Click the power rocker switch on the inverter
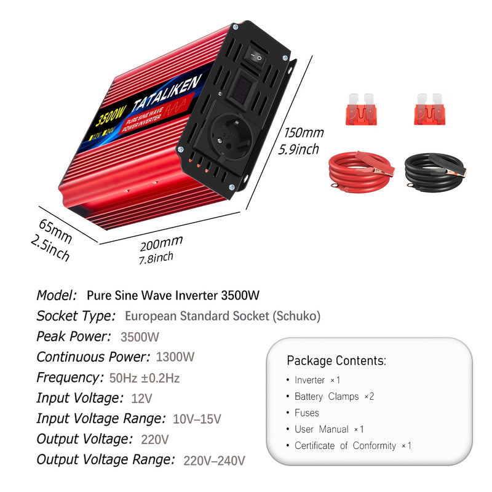click(255, 57)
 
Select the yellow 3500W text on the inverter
click(110, 116)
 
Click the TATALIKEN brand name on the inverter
click(166, 93)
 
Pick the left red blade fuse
click(361, 109)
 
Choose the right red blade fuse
click(429, 109)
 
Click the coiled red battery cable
click(362, 172)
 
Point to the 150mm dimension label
click(304, 133)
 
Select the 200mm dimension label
click(161, 243)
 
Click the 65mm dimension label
click(55, 231)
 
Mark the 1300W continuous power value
click(175, 357)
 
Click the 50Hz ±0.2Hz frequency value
click(145, 378)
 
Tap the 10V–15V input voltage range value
click(197, 419)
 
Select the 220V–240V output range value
click(214, 461)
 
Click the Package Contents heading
click(336, 361)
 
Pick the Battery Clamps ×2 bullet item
click(334, 396)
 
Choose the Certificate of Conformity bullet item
click(352, 445)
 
